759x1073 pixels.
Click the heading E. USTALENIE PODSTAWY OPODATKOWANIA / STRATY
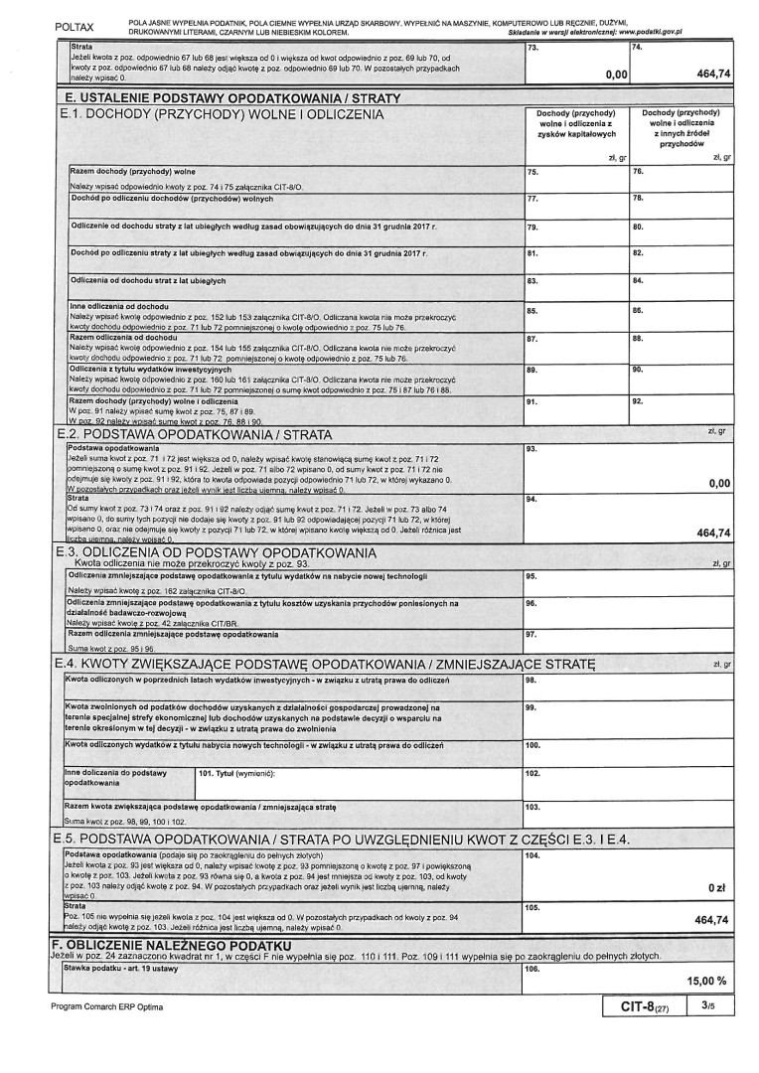[231, 99]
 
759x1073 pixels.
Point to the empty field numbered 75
[576, 180]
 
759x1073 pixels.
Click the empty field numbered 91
[576, 411]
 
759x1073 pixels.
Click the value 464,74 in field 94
[713, 533]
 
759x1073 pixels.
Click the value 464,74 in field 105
[713, 919]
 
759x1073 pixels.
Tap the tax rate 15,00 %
[706, 981]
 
